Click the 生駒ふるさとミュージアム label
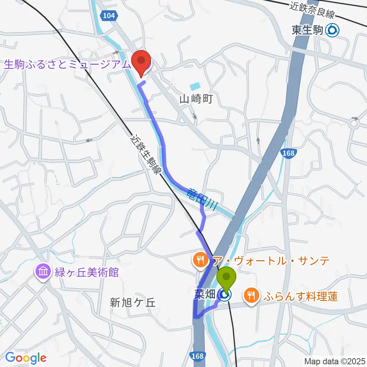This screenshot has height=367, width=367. (67, 64)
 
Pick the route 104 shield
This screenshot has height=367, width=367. (109, 15)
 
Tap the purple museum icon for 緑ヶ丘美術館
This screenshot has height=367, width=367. (42, 272)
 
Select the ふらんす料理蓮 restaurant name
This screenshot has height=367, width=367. (300, 296)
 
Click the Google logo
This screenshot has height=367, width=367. (25, 358)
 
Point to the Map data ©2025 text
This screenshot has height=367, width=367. (335, 361)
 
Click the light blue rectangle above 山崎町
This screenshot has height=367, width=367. (195, 86)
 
